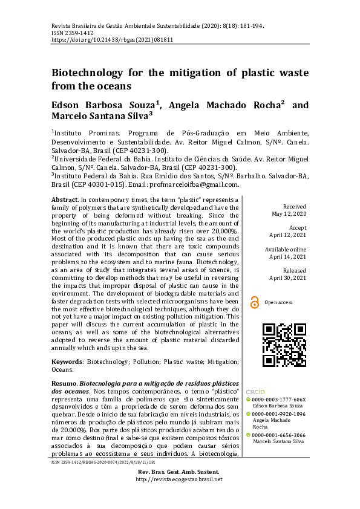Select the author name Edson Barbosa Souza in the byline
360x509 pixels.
coord(103,105)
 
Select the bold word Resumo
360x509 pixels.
coord(64,383)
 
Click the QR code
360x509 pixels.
coord(283,345)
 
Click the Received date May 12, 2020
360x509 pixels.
coord(290,214)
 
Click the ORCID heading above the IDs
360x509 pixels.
coord(255,392)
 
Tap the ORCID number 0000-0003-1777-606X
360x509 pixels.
coord(279,400)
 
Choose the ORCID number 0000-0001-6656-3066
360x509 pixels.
coord(279,435)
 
